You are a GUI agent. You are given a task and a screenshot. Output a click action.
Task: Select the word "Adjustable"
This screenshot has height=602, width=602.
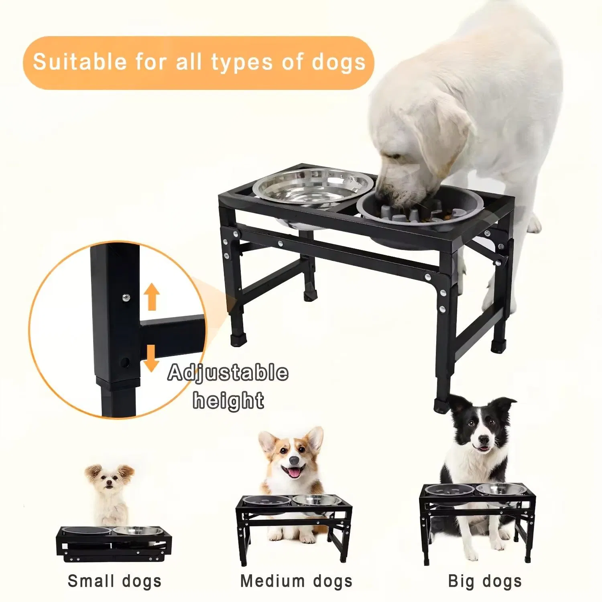coord(228,373)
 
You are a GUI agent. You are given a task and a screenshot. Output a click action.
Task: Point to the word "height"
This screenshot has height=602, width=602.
coord(228,401)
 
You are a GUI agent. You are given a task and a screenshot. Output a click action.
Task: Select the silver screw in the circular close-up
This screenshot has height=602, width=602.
coord(126,297)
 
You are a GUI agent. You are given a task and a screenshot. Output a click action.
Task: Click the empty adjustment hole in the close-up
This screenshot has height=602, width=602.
coord(126,362)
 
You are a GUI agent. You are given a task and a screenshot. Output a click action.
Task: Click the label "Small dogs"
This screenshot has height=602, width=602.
coord(114,581)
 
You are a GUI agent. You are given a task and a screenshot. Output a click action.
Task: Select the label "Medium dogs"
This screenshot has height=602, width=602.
coord(296,581)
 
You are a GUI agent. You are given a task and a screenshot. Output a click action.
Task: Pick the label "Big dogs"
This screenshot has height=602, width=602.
coord(485,581)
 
